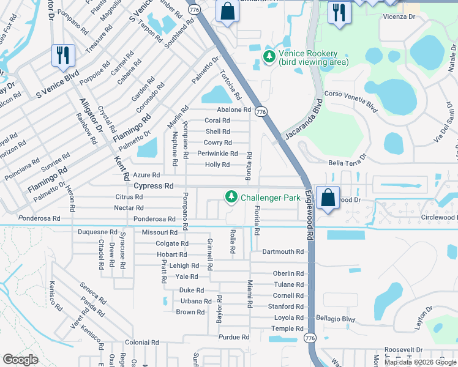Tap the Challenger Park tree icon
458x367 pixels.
[231, 197]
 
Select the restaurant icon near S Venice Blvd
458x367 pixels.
[63, 56]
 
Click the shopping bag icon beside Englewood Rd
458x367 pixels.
[328, 198]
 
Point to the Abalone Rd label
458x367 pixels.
[235, 110]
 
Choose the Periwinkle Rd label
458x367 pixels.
[217, 154]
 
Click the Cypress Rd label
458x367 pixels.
[154, 185]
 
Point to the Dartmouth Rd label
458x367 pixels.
[283, 251]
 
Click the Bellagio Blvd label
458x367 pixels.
[336, 319]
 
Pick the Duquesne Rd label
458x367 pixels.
[97, 232]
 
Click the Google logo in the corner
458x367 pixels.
[20, 360]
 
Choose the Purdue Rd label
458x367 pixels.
[234, 337]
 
